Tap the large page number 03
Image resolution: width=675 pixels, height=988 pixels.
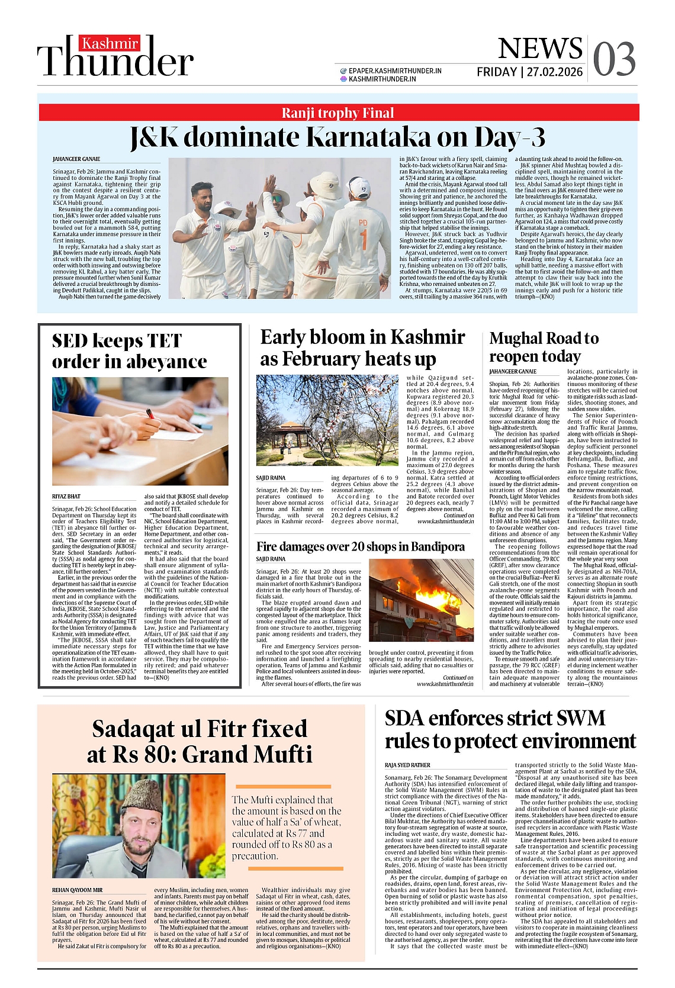click(615, 60)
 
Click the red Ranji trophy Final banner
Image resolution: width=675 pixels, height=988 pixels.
click(337, 112)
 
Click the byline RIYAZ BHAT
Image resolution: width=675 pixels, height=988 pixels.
click(66, 497)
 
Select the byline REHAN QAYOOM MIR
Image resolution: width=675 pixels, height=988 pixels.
click(78, 890)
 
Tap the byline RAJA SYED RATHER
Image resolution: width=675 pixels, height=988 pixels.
click(408, 765)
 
